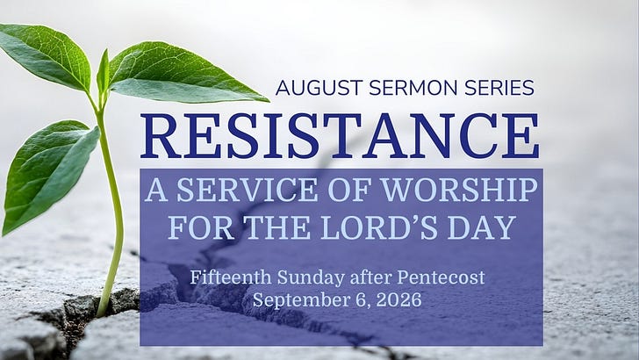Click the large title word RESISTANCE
[340, 136]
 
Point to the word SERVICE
[247, 190]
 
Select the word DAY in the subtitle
[482, 227]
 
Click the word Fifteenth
[231, 277]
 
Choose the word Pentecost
[441, 277]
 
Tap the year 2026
[398, 299]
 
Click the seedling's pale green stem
[113, 212]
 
